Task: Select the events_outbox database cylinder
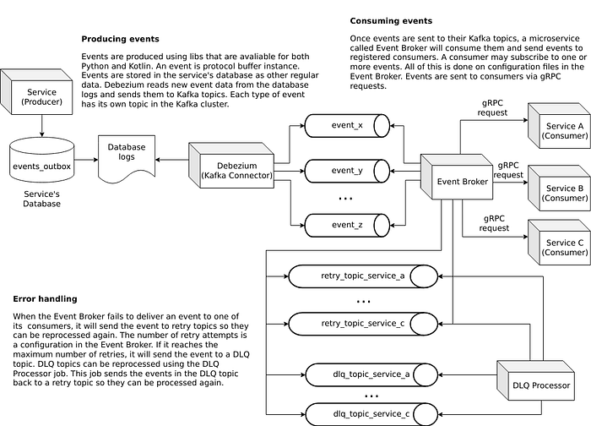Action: [42, 160]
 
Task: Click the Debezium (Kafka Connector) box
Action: [231, 166]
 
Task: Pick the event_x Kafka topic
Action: [347, 126]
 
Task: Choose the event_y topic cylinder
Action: [347, 171]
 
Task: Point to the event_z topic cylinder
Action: [347, 226]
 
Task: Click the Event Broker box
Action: [457, 177]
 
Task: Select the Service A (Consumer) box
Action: [559, 126]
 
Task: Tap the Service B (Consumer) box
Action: [559, 188]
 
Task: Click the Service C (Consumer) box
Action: [559, 243]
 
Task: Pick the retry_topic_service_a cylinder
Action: [363, 276]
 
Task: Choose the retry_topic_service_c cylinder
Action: [363, 324]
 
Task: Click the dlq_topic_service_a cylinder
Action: [371, 374]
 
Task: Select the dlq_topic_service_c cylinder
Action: [371, 414]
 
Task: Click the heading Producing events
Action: [120, 39]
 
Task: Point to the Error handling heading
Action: [46, 299]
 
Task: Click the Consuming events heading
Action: [391, 21]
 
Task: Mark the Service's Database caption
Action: [42, 199]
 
